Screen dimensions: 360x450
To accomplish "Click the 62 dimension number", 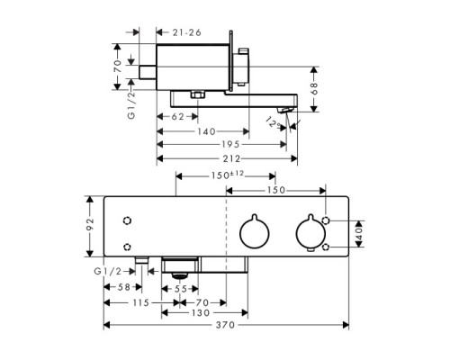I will (x=176, y=116).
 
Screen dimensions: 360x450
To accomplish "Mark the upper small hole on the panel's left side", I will (x=128, y=220).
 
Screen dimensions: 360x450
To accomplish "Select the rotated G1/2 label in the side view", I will (x=131, y=104).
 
